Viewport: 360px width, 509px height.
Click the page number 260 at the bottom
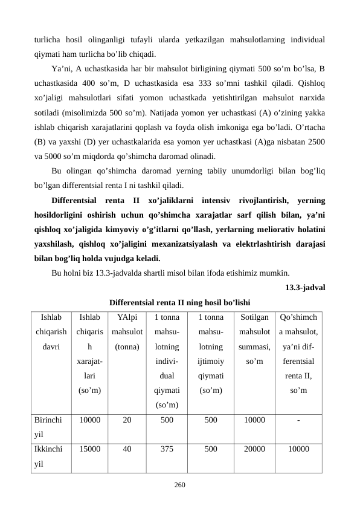[x=179, y=484]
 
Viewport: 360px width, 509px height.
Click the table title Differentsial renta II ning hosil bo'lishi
[x=179, y=302]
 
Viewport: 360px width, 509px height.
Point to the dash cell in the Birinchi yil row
[x=298, y=418]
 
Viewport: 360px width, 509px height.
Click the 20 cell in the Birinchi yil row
[x=127, y=418]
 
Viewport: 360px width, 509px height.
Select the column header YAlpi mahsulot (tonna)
[x=127, y=332]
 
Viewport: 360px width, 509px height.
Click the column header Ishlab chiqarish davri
[x=51, y=332]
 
